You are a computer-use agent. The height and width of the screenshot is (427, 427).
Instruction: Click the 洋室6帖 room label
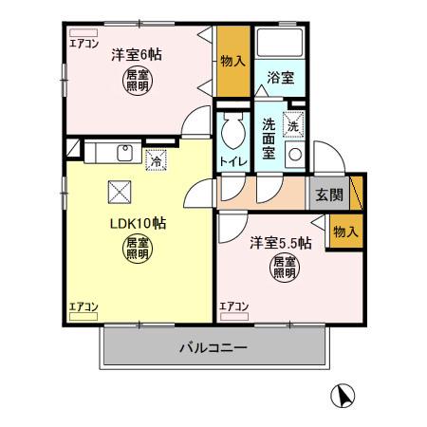[136, 55]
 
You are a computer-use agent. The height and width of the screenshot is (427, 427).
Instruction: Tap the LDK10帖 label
[136, 224]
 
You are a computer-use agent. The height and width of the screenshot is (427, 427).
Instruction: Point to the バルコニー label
[213, 348]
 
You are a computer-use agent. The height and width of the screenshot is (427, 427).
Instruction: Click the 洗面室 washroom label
[269, 139]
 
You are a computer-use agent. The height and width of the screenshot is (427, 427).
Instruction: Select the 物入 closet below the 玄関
[345, 231]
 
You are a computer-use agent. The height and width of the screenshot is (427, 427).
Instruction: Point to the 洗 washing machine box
[293, 124]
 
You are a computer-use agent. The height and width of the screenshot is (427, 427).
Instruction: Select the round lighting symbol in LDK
[137, 250]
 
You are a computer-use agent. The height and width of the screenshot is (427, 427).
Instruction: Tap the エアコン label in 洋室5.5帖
[234, 306]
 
